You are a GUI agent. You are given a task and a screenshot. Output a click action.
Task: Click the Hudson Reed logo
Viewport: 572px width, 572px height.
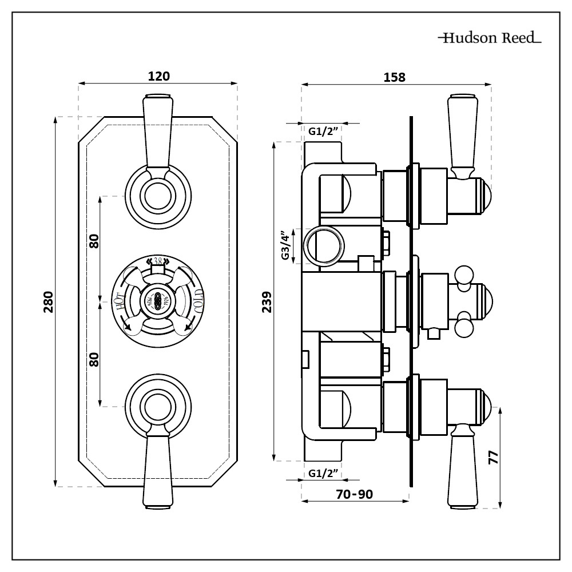coord(489,39)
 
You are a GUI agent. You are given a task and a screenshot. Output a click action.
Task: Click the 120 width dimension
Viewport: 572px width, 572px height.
coord(158,76)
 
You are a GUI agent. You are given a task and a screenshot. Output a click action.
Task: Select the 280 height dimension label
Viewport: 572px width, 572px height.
coord(48,301)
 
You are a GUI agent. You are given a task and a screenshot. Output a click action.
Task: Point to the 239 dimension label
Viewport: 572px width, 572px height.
coord(267,301)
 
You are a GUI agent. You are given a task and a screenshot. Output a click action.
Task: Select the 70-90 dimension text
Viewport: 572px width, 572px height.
coord(355,494)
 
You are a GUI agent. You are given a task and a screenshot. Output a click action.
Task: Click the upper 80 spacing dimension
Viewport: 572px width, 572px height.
coord(94,241)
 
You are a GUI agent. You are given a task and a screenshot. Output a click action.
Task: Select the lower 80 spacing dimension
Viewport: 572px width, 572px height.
coord(94,359)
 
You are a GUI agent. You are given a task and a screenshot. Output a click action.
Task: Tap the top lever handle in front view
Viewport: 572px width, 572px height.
coord(157,132)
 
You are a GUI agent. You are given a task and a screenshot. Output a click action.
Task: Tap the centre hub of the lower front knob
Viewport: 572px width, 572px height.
coord(157,407)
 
